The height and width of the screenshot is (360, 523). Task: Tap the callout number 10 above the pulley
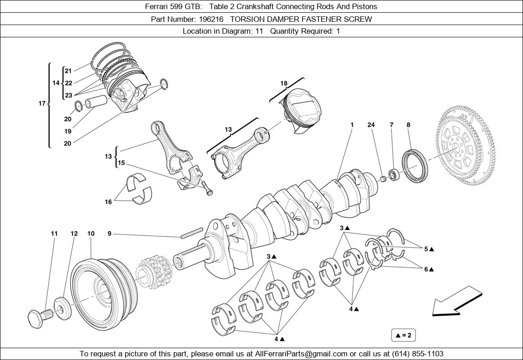click(91, 233)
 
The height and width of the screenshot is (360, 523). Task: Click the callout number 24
click(371, 125)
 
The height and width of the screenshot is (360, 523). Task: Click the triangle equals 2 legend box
click(403, 335)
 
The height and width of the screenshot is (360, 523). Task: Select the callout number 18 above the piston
click(283, 83)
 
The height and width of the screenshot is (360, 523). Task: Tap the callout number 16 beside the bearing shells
click(108, 202)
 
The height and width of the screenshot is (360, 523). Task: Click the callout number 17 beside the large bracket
click(41, 103)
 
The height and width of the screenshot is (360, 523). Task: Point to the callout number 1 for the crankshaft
click(352, 125)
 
